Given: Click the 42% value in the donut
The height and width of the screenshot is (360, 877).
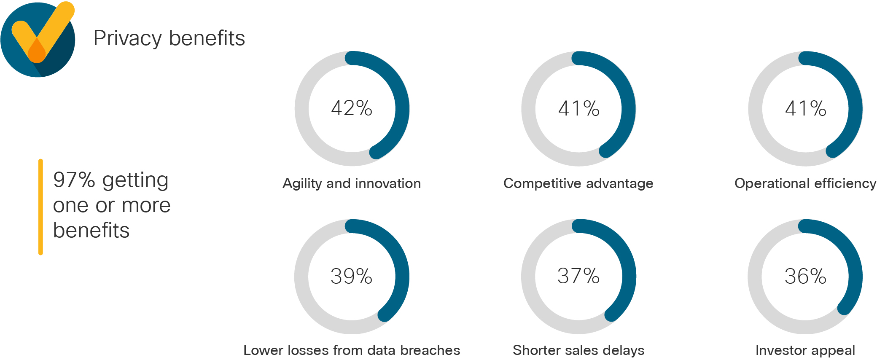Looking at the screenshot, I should [352, 108].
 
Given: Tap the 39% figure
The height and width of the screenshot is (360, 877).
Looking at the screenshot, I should [351, 277].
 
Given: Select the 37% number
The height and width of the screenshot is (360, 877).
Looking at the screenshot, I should [578, 276].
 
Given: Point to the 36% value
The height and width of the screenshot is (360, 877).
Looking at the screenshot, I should [805, 277].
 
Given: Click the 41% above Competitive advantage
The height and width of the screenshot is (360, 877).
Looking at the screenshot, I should [578, 108].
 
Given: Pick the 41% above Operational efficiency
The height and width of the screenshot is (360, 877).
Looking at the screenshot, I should [805, 108].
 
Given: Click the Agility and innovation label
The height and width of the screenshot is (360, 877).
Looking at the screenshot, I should [352, 183].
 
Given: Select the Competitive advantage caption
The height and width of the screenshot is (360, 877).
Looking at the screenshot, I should [578, 183].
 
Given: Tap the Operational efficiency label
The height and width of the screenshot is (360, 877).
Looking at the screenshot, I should [805, 183].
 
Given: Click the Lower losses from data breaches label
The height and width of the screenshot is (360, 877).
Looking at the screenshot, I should [352, 350].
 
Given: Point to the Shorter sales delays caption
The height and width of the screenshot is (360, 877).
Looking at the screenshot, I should [578, 350].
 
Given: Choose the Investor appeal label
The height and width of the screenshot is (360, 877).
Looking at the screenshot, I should [805, 350].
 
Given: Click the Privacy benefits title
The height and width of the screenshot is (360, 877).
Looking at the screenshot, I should [169, 38].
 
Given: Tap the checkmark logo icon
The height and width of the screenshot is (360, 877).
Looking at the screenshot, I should [38, 39].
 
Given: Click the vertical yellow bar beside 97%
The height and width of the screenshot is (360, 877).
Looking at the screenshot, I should [40, 207].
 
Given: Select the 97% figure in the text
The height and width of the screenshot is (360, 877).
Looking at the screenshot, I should [74, 180].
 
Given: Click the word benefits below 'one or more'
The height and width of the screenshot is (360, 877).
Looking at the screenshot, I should [91, 231].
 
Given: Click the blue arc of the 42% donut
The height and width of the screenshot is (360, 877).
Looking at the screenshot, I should [401, 105].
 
